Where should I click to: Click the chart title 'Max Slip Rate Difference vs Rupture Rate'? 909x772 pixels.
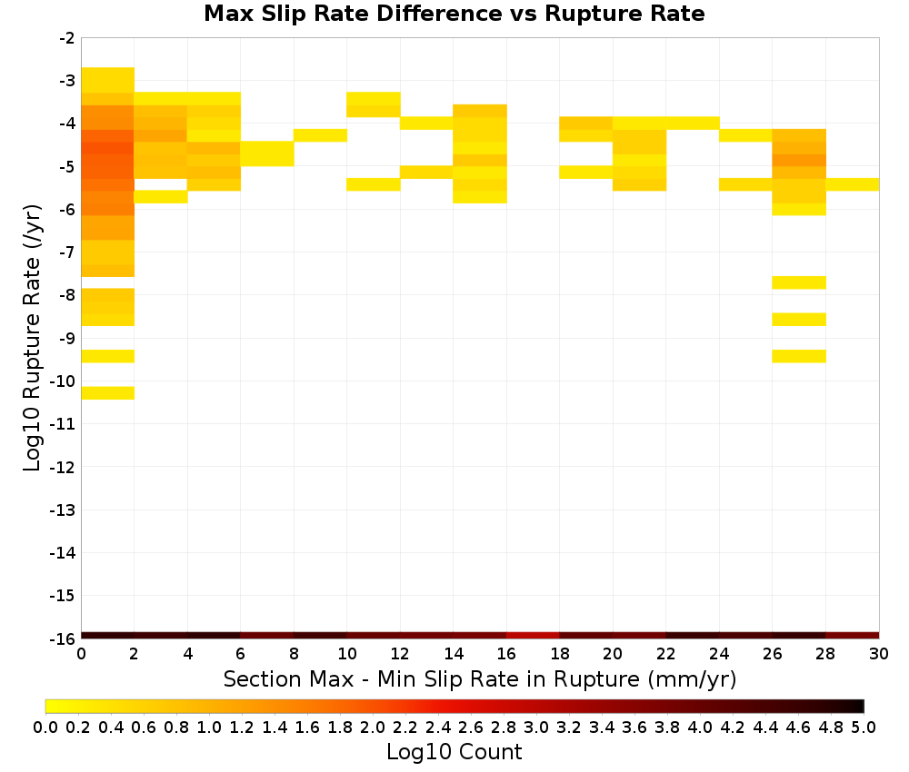454,14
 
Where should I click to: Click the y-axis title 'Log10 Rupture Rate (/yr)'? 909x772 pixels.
32,338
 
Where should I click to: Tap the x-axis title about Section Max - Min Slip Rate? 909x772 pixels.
479,678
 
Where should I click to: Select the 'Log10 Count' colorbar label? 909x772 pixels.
454,752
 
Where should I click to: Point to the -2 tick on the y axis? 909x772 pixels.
67,38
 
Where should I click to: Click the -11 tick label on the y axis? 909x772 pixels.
64,424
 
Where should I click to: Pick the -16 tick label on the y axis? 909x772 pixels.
64,638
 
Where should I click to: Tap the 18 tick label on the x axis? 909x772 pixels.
559,654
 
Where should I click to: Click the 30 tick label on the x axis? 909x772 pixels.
879,654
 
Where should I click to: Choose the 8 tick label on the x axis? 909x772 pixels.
294,654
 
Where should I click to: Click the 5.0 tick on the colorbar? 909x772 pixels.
864,727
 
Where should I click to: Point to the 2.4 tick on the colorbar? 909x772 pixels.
438,727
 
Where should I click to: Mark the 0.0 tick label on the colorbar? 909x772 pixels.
45,727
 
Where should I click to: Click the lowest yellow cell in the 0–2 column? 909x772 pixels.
108,392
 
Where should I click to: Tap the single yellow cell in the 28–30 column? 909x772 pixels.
853,184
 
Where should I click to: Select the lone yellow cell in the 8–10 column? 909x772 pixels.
321,135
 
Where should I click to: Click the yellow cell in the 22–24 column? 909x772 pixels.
693,123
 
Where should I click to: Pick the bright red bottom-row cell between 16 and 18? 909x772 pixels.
533,636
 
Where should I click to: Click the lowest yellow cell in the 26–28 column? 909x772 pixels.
799,356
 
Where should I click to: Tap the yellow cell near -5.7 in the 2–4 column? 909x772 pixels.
161,197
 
